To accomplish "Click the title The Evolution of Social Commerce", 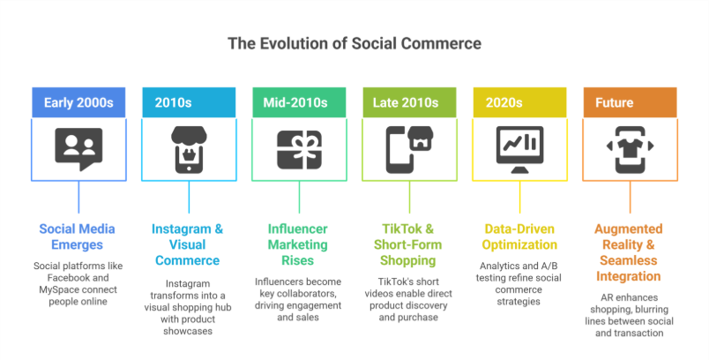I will [x=354, y=43].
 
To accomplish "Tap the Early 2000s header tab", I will [x=78, y=102].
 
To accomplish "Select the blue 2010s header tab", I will [x=189, y=102].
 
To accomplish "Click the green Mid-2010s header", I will [x=299, y=102].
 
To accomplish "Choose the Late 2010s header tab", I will [x=409, y=102].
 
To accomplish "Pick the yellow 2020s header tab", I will [x=519, y=102].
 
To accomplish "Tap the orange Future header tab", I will [x=630, y=102].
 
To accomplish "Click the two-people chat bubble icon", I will [x=78, y=148].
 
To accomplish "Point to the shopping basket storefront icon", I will [x=189, y=148].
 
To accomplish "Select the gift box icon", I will [x=299, y=148].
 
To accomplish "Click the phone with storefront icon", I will [x=409, y=148].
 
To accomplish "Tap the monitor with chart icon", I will [x=519, y=148].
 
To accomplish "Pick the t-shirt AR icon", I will [x=630, y=148].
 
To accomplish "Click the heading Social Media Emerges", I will [x=78, y=236].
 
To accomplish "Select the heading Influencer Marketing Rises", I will [x=299, y=244].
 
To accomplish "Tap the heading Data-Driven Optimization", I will [x=519, y=236].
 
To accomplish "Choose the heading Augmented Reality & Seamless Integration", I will [x=630, y=252].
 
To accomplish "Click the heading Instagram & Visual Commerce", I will [x=189, y=244].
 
